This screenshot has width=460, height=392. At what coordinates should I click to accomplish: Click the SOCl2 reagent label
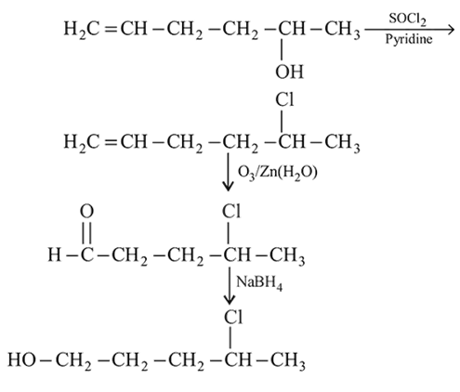pyautogui.click(x=407, y=20)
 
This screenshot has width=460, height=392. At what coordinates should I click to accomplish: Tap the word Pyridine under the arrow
pyautogui.click(x=409, y=40)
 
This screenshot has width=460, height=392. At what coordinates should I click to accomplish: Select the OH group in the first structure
pyautogui.click(x=289, y=72)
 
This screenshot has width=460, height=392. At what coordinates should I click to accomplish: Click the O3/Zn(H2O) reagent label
pyautogui.click(x=277, y=173)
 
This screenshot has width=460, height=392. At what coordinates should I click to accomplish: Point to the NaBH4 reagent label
pyautogui.click(x=259, y=282)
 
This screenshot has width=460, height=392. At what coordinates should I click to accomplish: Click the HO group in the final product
pyautogui.click(x=21, y=359)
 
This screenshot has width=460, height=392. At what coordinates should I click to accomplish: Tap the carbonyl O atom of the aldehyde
pyautogui.click(x=86, y=212)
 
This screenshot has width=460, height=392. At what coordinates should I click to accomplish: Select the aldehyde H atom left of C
pyautogui.click(x=55, y=255)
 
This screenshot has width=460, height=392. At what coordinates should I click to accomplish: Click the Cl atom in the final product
pyautogui.click(x=233, y=317)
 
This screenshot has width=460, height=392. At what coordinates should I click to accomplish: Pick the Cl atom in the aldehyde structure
pyautogui.click(x=231, y=212)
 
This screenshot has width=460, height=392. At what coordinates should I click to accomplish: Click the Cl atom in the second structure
pyautogui.click(x=284, y=100)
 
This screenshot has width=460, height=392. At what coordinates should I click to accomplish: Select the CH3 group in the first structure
pyautogui.click(x=342, y=30)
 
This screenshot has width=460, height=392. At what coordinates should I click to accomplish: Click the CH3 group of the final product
pyautogui.click(x=288, y=361)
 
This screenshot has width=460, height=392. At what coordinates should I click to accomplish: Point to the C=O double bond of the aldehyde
pyautogui.click(x=86, y=232)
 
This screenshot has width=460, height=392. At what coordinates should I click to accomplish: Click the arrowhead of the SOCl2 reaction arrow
pyautogui.click(x=451, y=30)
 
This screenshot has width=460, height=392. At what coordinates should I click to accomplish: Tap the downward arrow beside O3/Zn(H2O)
pyautogui.click(x=229, y=173)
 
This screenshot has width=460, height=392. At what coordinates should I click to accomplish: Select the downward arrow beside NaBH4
pyautogui.click(x=230, y=285)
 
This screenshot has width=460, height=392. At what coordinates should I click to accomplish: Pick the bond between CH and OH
pyautogui.click(x=282, y=49)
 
